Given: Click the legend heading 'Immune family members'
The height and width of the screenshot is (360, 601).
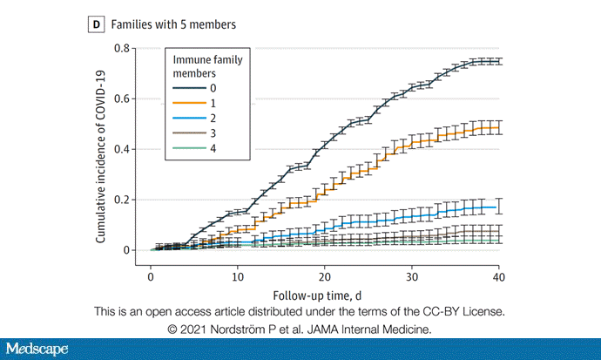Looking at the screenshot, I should [x=207, y=66].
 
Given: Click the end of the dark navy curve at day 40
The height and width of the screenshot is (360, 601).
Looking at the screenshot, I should [x=498, y=61].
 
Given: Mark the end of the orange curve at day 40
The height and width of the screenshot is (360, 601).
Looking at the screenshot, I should [x=498, y=127].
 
